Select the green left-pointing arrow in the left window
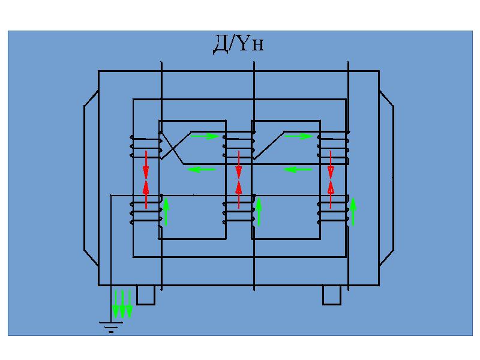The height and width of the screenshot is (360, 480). click(x=202, y=170)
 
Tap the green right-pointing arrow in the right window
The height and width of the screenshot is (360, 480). click(x=298, y=136)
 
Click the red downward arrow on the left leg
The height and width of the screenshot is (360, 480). click(x=146, y=161)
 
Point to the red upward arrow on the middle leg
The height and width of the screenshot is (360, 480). click(x=239, y=193)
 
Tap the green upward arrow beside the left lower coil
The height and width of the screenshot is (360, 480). click(x=167, y=211)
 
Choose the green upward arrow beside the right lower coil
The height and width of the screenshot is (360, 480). click(x=353, y=211)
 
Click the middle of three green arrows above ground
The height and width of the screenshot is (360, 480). click(x=122, y=304)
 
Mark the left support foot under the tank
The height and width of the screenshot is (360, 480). click(x=146, y=295)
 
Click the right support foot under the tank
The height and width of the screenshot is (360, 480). click(x=332, y=295)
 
